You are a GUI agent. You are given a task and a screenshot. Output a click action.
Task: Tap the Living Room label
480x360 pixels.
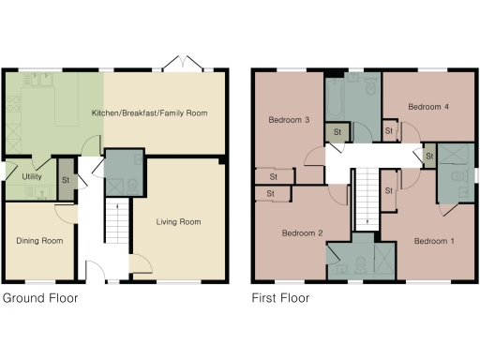(x=178, y=222)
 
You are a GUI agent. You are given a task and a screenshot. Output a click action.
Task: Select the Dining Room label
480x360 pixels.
(x=39, y=241)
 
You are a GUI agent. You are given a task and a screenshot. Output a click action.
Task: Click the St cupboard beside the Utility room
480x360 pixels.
(x=66, y=181)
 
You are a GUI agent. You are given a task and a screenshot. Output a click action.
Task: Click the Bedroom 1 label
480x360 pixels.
(x=434, y=241)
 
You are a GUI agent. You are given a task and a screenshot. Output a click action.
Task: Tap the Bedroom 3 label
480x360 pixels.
(x=289, y=120)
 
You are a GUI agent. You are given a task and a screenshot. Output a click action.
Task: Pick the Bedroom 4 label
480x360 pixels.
(x=428, y=107)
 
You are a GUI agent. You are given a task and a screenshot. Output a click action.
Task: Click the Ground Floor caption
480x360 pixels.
(x=39, y=299)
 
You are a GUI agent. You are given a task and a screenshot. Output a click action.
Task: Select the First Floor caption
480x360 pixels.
(x=280, y=299)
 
